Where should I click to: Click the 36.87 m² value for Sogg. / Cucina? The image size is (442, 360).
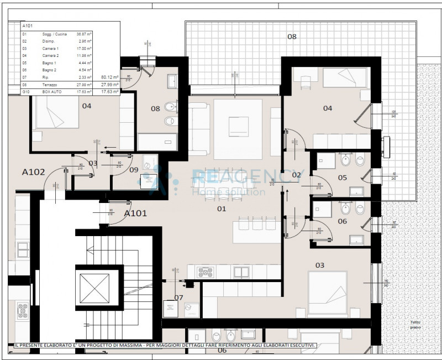[x=84, y=34]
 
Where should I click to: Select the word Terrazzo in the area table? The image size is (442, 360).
[x=51, y=84]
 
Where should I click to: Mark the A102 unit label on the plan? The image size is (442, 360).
[x=33, y=172]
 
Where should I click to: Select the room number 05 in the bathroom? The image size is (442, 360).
[x=342, y=178]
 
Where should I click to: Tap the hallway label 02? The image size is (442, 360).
[x=296, y=175]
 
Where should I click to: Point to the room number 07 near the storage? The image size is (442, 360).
[x=178, y=298]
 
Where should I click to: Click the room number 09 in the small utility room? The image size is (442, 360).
[x=134, y=170]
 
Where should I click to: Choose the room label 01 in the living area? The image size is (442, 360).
[x=222, y=209]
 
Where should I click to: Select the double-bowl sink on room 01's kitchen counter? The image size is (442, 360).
[x=241, y=272]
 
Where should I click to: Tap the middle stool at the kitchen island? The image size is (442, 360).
[x=257, y=223]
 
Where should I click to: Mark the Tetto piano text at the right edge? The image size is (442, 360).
[x=415, y=325]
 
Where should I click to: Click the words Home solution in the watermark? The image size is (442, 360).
[x=228, y=192]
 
